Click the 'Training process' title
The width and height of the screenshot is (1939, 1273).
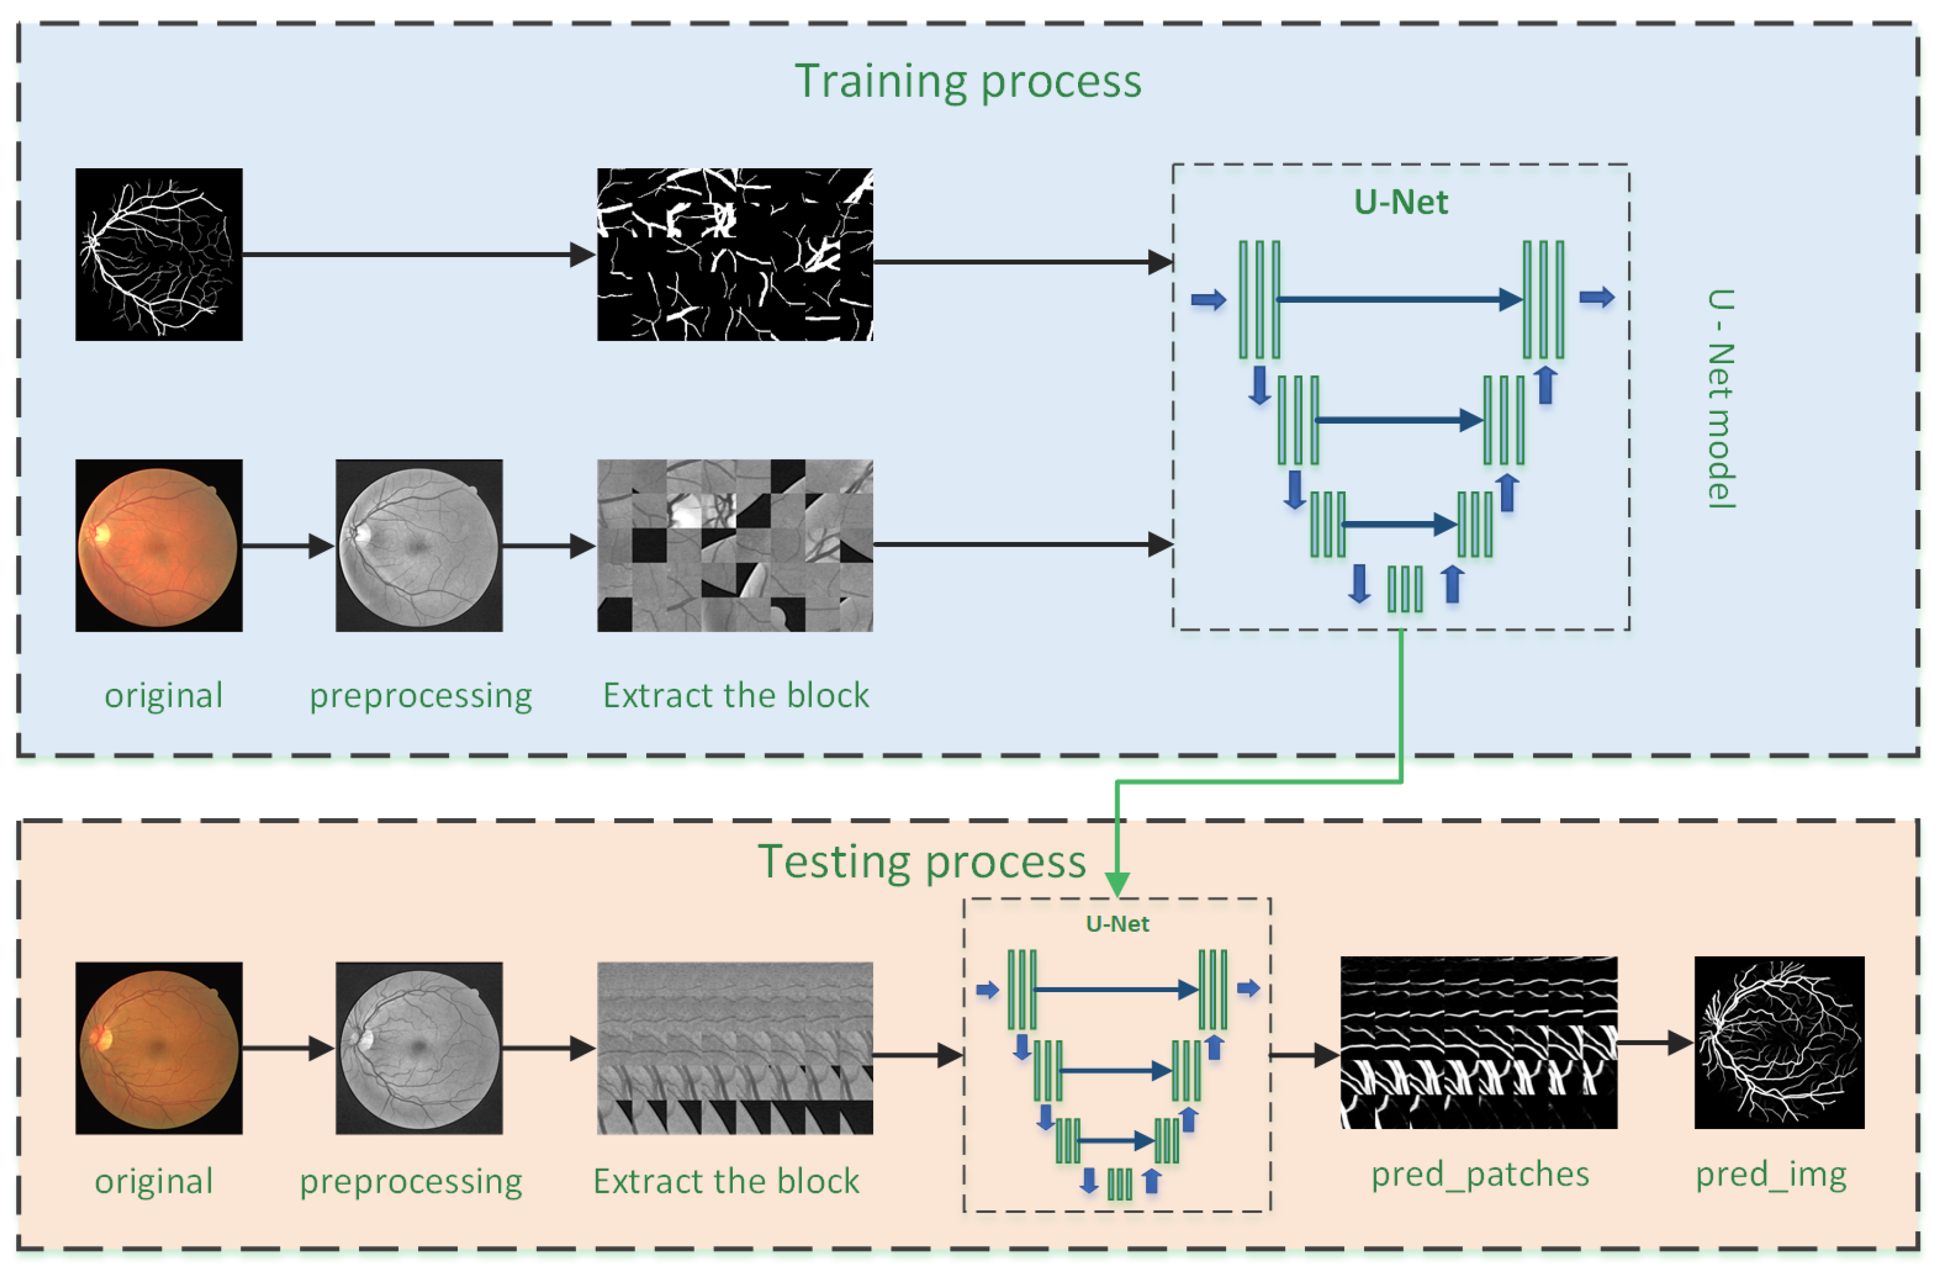point(967,81)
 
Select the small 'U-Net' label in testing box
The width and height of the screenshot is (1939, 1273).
point(1117,923)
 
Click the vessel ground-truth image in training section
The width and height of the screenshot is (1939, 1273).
point(159,254)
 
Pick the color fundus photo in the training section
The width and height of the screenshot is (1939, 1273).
point(159,545)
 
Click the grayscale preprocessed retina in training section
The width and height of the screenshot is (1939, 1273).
point(419,545)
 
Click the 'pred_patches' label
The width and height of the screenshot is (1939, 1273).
point(1479,1174)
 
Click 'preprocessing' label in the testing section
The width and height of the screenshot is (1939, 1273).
point(411,1181)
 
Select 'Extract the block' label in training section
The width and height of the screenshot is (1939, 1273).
point(736,695)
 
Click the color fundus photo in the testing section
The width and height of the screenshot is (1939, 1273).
point(159,1048)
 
